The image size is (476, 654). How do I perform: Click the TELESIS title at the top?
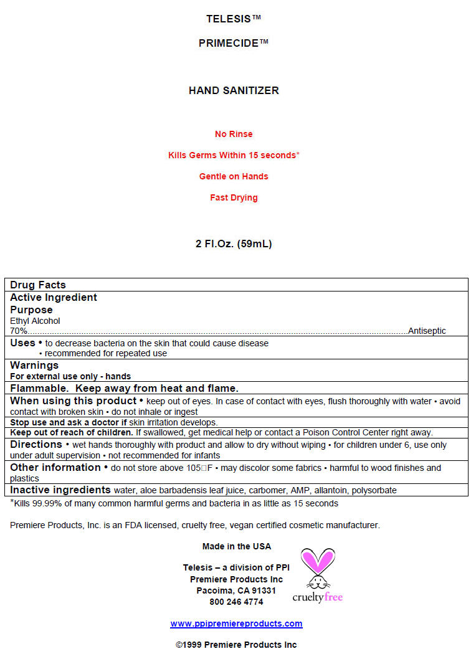[x=234, y=19]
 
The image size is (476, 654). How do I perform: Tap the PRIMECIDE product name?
[x=234, y=43]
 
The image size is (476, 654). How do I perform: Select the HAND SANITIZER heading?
[x=234, y=90]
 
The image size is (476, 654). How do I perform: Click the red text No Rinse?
[x=234, y=134]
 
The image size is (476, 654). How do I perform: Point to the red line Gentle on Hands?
[x=234, y=176]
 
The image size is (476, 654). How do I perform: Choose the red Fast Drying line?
[x=234, y=197]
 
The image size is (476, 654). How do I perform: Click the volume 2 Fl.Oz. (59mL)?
[x=234, y=244]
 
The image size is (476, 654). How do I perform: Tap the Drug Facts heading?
[x=38, y=285]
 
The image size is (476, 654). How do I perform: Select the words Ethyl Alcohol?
[x=35, y=321]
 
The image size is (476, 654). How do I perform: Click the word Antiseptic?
[x=427, y=331]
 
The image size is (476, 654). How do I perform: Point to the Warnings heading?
[x=34, y=365]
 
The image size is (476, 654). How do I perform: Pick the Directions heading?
[x=36, y=445]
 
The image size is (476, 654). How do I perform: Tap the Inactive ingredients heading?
[x=60, y=490]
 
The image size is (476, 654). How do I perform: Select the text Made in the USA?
[x=237, y=546]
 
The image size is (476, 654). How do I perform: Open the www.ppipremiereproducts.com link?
[x=236, y=623]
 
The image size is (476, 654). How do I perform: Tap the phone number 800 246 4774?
[x=236, y=602]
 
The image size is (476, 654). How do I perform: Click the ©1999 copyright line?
[x=236, y=645]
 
